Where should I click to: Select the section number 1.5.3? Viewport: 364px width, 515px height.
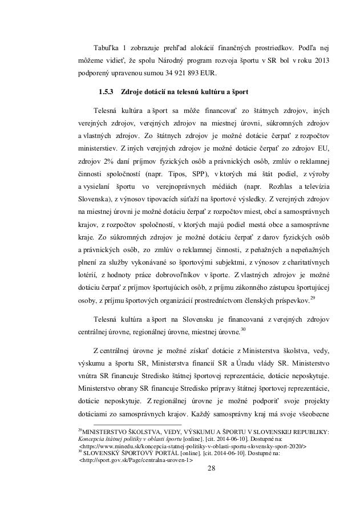pyautogui.click(x=107, y=91)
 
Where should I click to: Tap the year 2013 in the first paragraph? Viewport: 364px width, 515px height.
pyautogui.click(x=320, y=60)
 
